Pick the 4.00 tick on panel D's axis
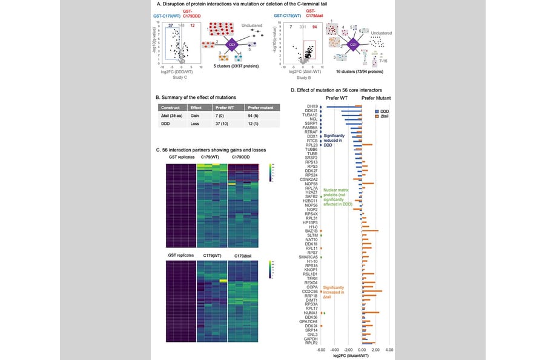(389, 349)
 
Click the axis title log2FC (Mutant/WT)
(356, 355)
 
